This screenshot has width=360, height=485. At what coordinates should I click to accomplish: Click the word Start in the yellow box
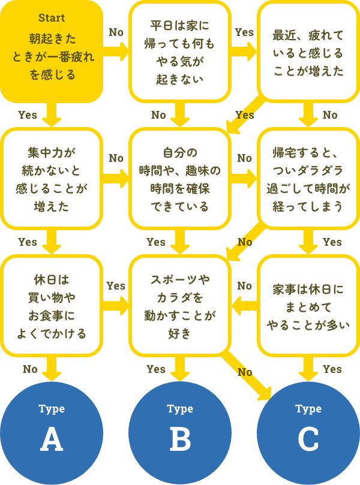click(x=51, y=18)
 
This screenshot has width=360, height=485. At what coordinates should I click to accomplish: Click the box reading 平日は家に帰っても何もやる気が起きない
click(x=180, y=52)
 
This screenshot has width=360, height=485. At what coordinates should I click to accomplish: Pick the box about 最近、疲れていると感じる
click(x=308, y=52)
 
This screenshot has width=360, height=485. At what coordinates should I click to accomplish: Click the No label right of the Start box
click(x=116, y=32)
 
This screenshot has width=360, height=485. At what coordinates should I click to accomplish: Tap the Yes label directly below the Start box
click(x=28, y=115)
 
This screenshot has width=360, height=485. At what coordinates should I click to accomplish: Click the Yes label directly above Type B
click(x=156, y=369)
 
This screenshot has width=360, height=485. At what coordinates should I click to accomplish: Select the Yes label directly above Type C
click(x=332, y=369)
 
